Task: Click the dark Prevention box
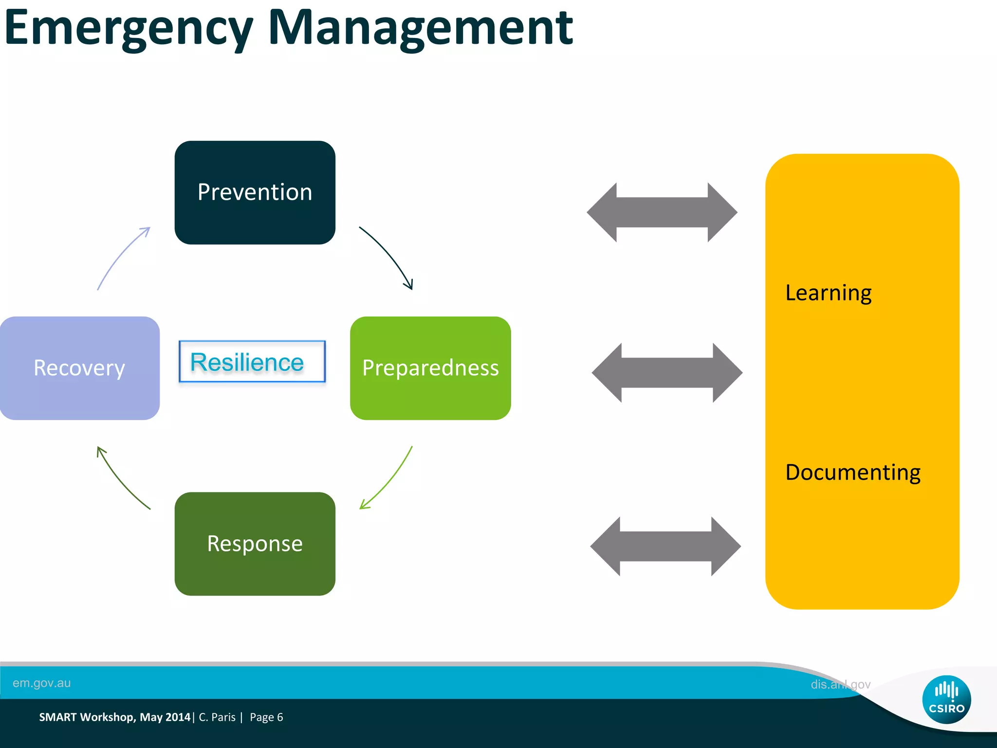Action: coord(255,192)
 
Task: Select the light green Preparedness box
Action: coord(430,368)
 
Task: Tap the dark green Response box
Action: coord(255,543)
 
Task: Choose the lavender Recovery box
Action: coord(79,368)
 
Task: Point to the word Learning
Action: coord(828,293)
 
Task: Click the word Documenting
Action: coord(853,472)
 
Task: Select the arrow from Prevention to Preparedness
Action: coord(389,256)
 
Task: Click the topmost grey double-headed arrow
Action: coord(662,212)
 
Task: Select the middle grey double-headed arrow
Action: coord(667,373)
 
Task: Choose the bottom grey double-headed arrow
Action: coord(665,546)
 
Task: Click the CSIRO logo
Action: coord(946,699)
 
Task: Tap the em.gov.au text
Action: coord(42,683)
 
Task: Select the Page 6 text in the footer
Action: coord(266,717)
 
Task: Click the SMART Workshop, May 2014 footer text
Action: coord(115,717)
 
